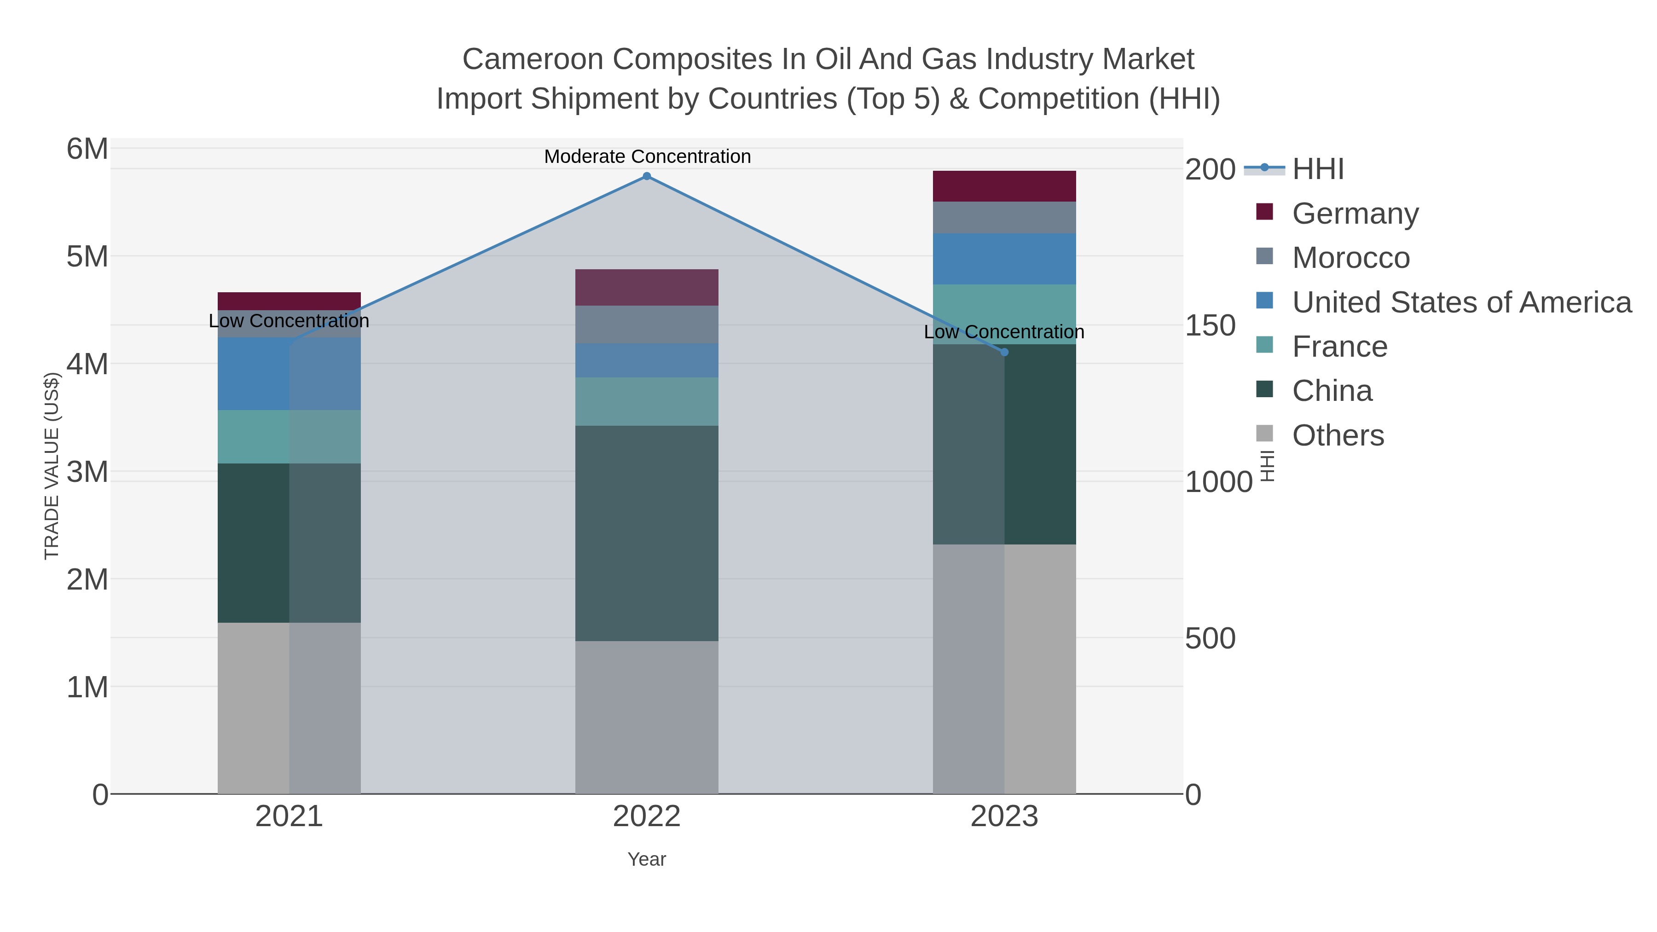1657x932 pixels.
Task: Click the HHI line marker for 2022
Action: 647,176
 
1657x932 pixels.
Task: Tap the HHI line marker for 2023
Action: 1004,352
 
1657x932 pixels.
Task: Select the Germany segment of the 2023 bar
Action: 1004,186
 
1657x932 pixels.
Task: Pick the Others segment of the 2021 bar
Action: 289,707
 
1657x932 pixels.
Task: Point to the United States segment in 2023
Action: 1004,259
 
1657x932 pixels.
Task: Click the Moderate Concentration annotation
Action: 647,156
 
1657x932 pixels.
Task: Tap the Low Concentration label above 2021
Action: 289,320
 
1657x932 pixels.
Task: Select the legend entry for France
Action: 1339,347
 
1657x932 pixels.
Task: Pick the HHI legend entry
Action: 1317,169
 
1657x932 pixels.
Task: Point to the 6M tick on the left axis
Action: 87,149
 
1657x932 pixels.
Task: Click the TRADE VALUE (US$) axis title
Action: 52,466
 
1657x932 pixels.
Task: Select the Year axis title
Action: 647,859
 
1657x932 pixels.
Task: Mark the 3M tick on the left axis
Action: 87,472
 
